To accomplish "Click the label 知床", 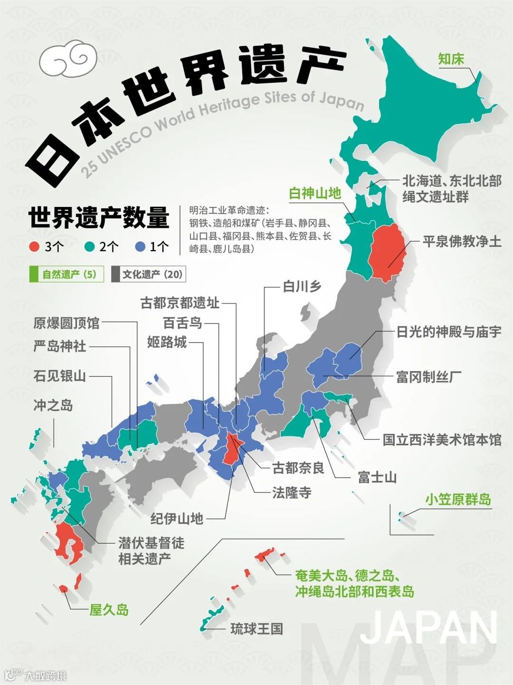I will [451, 59].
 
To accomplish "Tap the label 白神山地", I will [315, 193].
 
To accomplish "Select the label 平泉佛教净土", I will [462, 241].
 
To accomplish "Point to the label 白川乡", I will [302, 286].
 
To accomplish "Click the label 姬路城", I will [167, 342].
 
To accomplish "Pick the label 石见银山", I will [59, 376].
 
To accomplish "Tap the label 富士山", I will [377, 477].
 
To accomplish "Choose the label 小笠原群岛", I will [458, 499].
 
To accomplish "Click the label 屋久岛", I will [109, 609].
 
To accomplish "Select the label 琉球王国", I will [256, 629].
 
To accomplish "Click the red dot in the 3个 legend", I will [34, 246].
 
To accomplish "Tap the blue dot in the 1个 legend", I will [140, 246].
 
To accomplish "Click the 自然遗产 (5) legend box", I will [66, 274].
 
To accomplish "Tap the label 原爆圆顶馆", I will [66, 323].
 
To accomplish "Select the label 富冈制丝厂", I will [428, 377].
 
